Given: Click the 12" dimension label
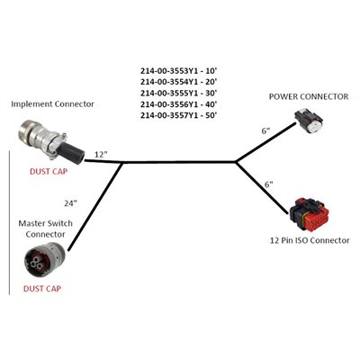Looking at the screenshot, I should click(x=100, y=155).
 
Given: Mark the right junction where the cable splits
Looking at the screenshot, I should click(x=236, y=163).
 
